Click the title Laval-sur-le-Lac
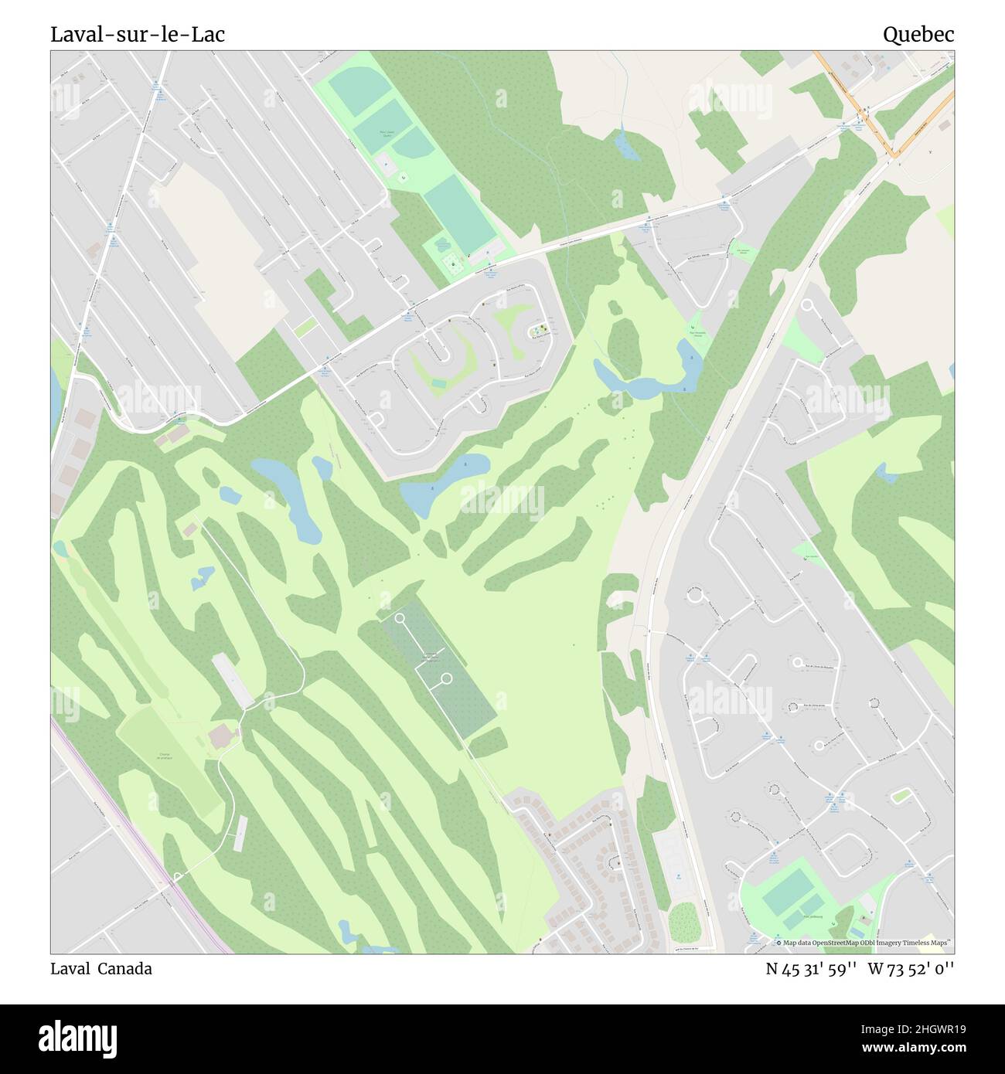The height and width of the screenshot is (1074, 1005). point(138,35)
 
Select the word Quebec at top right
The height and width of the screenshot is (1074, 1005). point(918,35)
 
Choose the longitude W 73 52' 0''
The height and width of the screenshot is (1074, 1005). point(911,969)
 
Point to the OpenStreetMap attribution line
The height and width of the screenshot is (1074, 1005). point(866,943)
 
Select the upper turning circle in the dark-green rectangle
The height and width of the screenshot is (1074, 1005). point(400,618)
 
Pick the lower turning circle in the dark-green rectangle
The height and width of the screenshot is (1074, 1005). point(446,678)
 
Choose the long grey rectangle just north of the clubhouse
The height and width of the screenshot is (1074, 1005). point(233,680)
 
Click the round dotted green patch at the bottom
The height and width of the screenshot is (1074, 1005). point(683,922)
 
